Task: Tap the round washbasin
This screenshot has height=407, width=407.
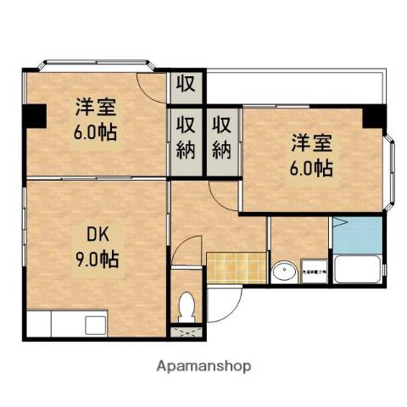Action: pyautogui.click(x=281, y=273)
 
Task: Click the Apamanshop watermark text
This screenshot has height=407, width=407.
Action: pyautogui.click(x=203, y=366)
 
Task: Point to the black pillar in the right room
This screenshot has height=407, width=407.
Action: pyautogui.click(x=373, y=118)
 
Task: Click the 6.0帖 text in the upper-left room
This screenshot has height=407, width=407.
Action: pyautogui.click(x=94, y=132)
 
